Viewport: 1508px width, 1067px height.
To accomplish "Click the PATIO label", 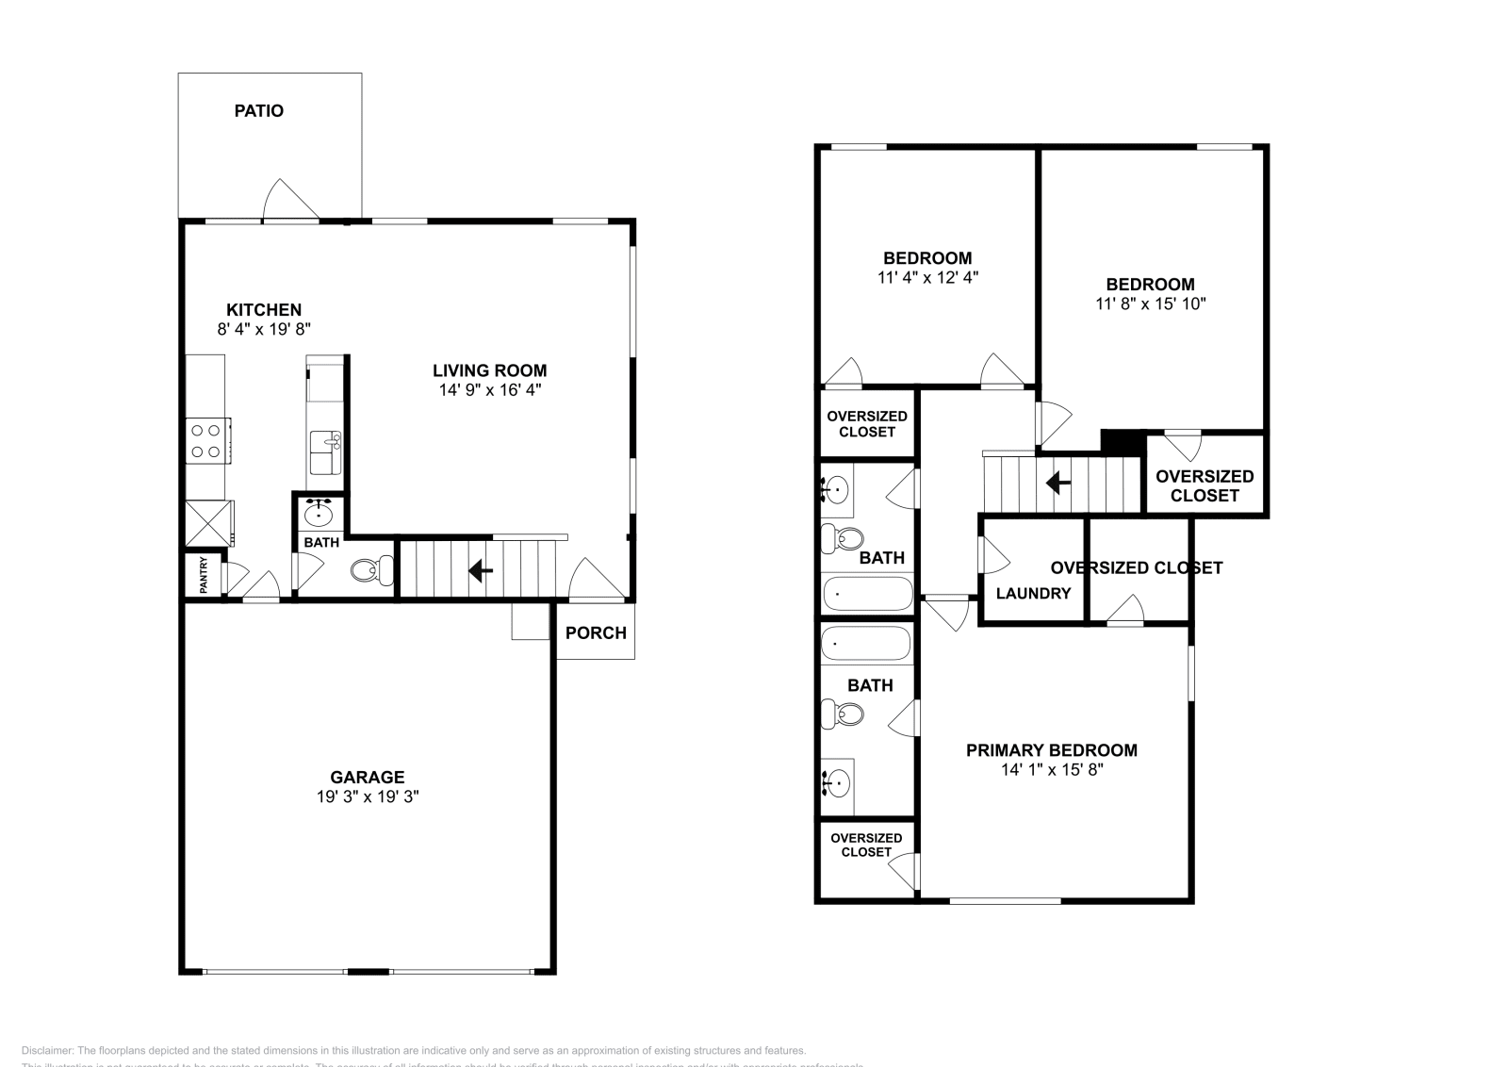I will point(258,110).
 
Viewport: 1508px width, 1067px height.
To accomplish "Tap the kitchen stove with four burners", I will point(206,440).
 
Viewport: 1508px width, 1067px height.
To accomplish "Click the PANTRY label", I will point(204,575).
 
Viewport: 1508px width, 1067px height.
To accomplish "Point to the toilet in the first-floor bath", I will point(373,569).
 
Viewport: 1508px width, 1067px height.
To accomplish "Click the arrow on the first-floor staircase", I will point(481,570).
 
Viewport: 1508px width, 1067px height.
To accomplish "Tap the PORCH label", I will point(596,632).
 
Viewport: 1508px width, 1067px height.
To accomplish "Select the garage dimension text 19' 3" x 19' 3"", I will point(367,796).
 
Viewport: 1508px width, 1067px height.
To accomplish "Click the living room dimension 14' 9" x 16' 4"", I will point(489,389).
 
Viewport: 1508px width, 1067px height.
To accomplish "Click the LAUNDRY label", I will point(1033,593).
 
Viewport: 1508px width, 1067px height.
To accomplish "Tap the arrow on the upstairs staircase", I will point(1058,484).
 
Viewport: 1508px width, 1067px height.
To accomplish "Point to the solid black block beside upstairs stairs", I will point(1122,441).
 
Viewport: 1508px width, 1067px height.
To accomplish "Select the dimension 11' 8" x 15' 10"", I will point(1150,304).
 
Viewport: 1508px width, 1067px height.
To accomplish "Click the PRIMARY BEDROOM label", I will point(1051,750).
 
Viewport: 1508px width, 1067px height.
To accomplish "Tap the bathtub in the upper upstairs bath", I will point(867,594).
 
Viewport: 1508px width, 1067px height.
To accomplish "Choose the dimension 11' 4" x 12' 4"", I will point(926,278).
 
